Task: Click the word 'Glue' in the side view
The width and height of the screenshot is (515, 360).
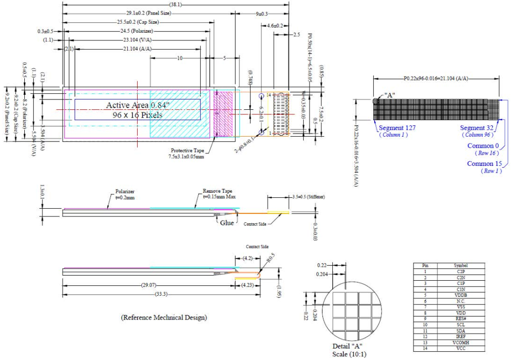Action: coord(226,223)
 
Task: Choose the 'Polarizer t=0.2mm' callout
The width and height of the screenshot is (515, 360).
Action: coord(125,194)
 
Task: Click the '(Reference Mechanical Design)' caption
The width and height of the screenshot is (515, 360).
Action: coord(164,317)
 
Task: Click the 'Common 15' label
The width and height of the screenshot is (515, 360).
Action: coord(484,164)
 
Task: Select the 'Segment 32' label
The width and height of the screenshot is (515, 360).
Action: coord(477,128)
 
